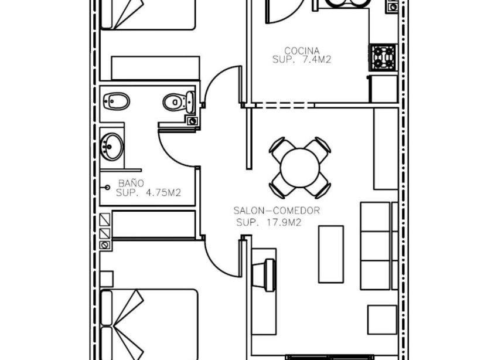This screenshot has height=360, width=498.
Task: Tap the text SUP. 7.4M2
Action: [302, 59]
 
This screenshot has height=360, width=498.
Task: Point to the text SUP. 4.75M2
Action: [148, 192]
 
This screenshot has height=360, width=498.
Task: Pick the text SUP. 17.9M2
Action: [269, 223]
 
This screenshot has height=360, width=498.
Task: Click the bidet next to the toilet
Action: [116, 101]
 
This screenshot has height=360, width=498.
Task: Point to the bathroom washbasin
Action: [111, 146]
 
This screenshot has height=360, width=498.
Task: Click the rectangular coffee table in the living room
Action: [331, 254]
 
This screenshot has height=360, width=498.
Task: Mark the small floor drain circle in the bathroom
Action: [107, 188]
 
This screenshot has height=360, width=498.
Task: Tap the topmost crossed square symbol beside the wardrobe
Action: [105, 220]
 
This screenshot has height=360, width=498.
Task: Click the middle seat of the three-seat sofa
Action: [376, 246]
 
